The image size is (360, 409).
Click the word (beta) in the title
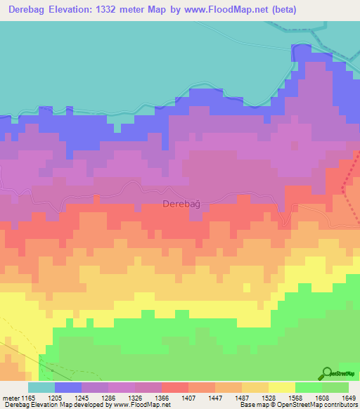(x=282, y=10)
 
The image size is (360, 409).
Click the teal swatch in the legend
(x=41, y=387)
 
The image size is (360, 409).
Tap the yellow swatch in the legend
(x=281, y=387)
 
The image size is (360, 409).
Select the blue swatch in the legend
(x=68, y=387)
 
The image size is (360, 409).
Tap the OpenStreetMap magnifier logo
(x=327, y=374)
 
